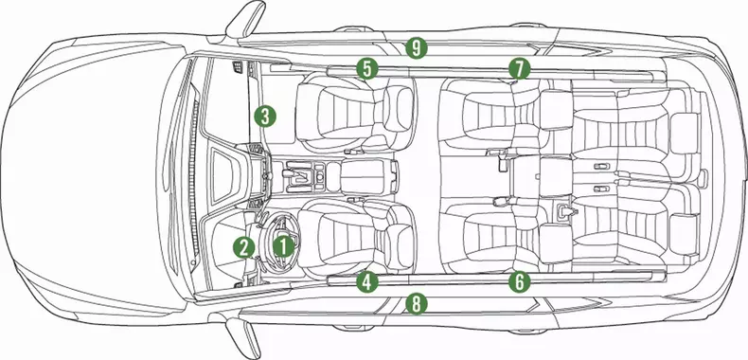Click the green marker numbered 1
tap(283, 246)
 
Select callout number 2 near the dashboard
tap(243, 247)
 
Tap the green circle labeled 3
tap(265, 116)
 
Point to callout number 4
tap(366, 281)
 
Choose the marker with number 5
tap(366, 68)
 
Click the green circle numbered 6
tap(519, 281)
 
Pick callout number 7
tap(519, 68)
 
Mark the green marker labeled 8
tap(417, 304)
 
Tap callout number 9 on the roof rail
tap(417, 47)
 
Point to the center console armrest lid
tap(368, 177)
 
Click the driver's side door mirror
tap(244, 336)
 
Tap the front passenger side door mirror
tap(245, 19)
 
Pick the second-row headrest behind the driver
tap(556, 243)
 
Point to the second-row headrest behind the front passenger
tap(556, 110)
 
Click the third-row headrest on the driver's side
tap(684, 230)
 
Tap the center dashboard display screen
tap(223, 175)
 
